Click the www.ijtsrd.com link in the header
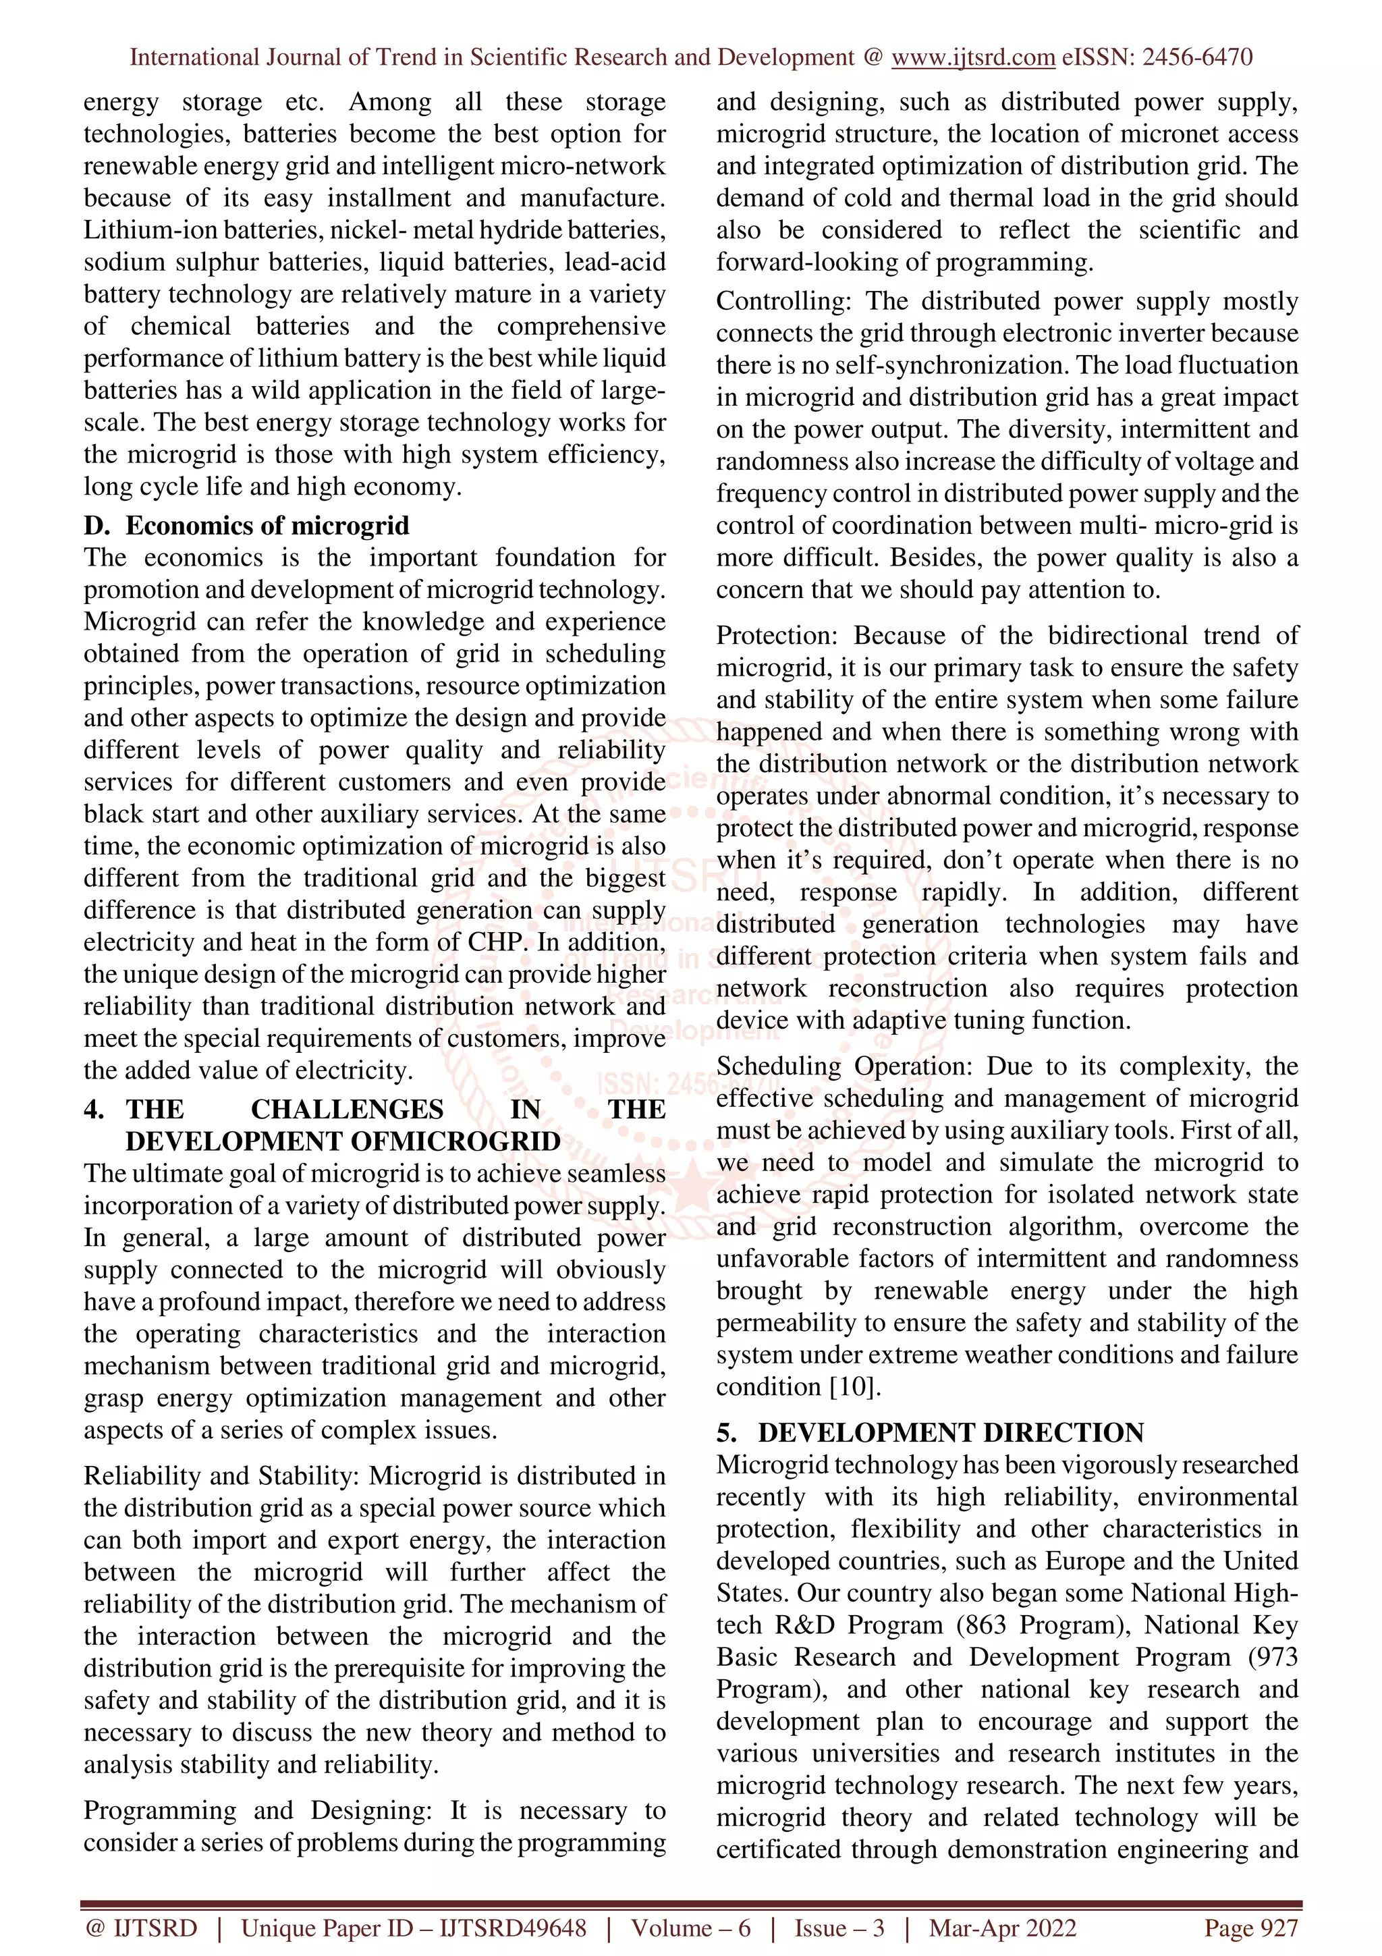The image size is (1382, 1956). [972, 57]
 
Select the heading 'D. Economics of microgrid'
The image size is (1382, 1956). [246, 526]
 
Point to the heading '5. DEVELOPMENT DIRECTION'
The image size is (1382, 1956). [930, 1433]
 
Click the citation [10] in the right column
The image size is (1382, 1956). [854, 1387]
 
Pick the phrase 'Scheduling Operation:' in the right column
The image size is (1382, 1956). [848, 1066]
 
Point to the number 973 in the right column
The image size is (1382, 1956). [1277, 1657]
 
